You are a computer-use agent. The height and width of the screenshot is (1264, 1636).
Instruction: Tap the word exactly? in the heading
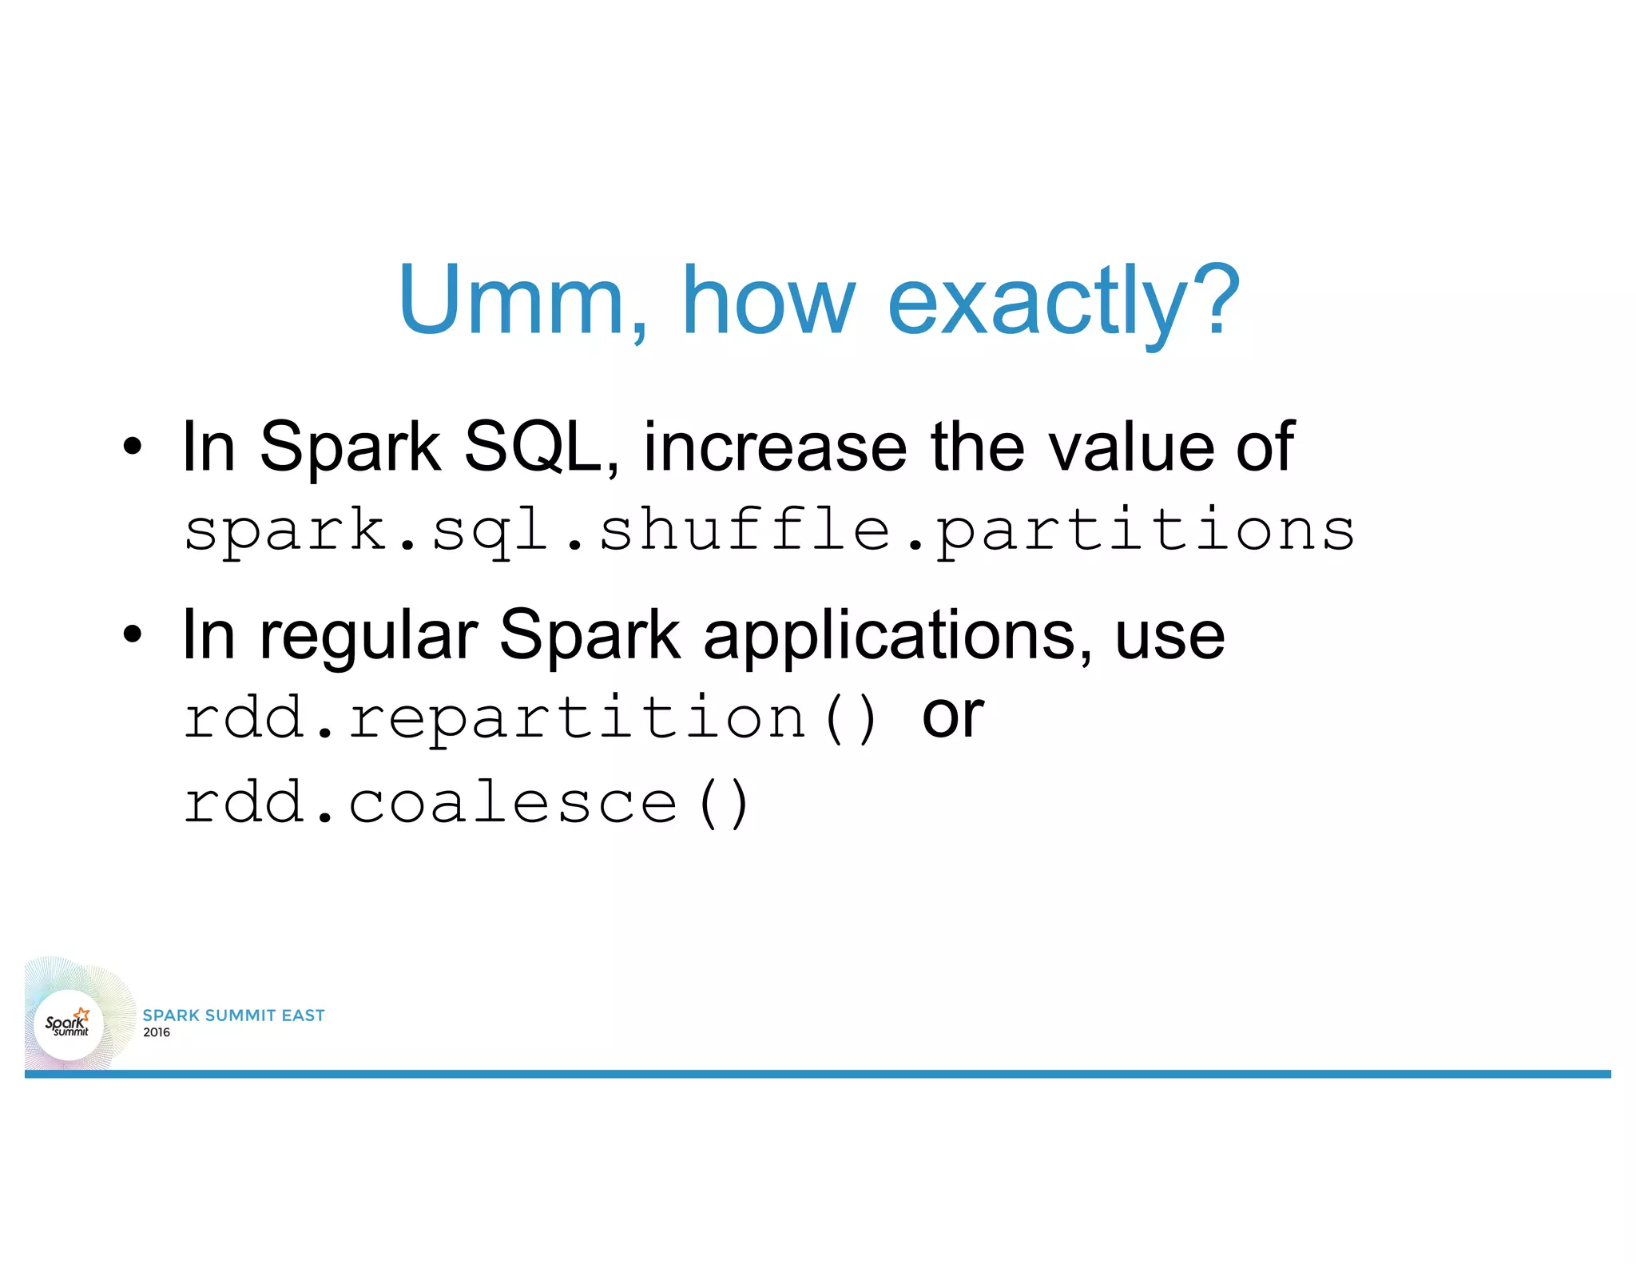coord(1064,302)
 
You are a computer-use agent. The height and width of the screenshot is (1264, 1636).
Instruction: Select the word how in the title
coord(768,300)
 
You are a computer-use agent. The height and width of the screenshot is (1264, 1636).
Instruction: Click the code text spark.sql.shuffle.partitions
coord(768,531)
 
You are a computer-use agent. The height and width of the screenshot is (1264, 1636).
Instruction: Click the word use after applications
coord(1169,637)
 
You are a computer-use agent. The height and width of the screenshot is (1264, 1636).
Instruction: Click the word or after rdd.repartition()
coord(952,716)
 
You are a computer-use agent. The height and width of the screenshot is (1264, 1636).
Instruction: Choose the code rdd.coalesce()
coord(467,802)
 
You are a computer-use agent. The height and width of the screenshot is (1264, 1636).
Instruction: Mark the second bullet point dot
coord(133,635)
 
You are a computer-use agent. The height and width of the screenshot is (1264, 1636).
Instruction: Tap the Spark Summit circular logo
coord(69,1024)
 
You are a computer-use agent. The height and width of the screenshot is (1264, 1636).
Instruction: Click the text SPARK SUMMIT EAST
coord(233,1016)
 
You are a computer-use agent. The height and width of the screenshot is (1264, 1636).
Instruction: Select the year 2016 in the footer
coord(157,1032)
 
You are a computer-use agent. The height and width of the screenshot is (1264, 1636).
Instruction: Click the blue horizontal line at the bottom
coord(818,1074)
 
